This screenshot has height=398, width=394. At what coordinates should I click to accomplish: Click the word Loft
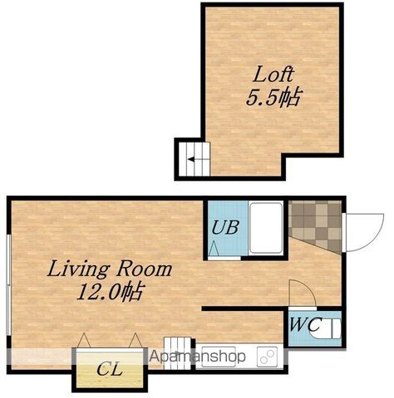pos(273,74)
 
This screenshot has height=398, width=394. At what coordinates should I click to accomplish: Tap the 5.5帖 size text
pos(273,98)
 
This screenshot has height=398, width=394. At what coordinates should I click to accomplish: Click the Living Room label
pos(110,269)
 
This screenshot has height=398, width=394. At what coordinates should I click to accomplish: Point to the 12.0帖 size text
pos(111,291)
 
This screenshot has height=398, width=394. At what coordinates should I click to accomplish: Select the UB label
pos(225,227)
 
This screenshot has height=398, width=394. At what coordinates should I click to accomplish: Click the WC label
pos(305,324)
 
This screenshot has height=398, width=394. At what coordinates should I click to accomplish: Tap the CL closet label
pos(110,369)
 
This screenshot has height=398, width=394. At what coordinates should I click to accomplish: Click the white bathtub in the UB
pos(266,228)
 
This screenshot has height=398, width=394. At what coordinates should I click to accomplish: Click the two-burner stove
pos(267,357)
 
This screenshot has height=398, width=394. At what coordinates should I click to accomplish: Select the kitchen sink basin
pos(219,357)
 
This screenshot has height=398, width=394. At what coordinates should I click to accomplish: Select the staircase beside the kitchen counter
pos(177,353)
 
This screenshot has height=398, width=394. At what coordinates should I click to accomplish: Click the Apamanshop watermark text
pos(198,357)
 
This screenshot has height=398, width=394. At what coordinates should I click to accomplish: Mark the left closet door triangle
pos(84,340)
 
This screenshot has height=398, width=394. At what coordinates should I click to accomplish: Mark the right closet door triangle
pos(135,340)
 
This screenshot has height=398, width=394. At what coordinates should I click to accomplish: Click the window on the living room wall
pos(8,285)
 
